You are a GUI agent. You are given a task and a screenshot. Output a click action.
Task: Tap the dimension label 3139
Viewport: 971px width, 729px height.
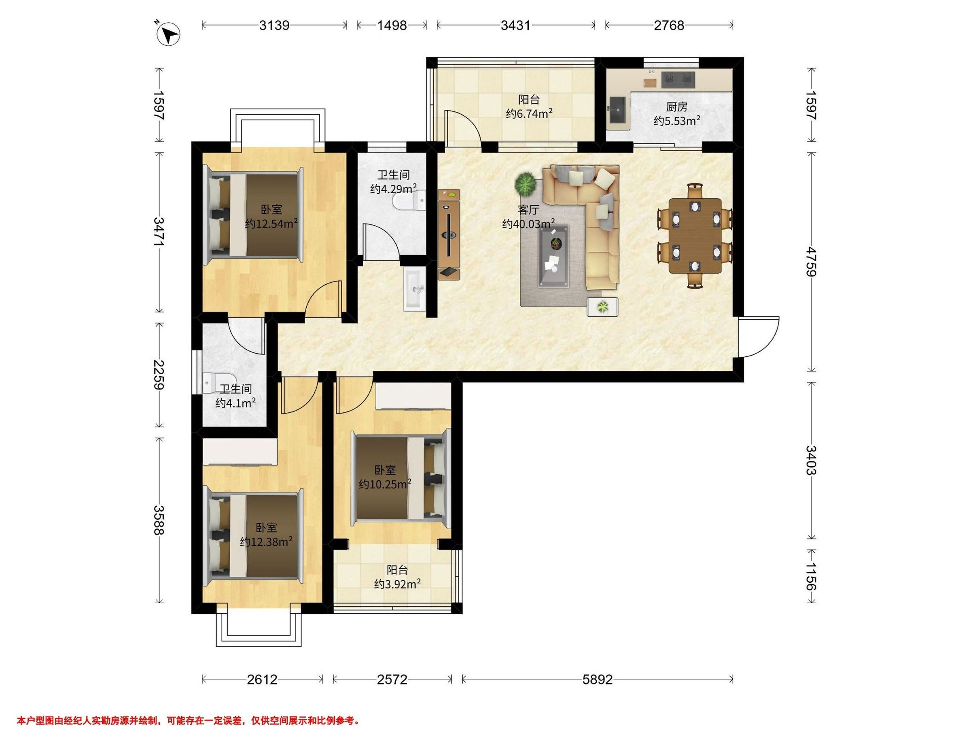274,26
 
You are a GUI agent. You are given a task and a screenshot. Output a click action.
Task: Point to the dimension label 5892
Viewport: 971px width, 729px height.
598,680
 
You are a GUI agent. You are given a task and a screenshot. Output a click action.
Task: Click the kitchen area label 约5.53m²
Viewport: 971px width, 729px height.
676,121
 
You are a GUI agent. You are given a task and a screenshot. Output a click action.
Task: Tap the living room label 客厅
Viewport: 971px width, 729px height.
528,210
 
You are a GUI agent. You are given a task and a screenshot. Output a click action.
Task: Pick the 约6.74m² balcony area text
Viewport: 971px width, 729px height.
529,114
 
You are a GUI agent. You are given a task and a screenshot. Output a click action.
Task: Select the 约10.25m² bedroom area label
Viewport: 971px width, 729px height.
385,484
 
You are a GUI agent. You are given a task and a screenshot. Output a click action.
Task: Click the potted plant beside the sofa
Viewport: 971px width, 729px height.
526,184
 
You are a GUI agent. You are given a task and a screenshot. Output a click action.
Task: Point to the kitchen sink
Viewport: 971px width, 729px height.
619,109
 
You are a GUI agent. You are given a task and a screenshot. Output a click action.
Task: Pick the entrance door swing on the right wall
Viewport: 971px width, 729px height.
759,337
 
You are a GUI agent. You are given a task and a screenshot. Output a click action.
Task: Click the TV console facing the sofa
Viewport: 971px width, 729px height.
449,234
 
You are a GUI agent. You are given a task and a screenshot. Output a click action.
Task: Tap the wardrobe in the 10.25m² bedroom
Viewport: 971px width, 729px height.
413,396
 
